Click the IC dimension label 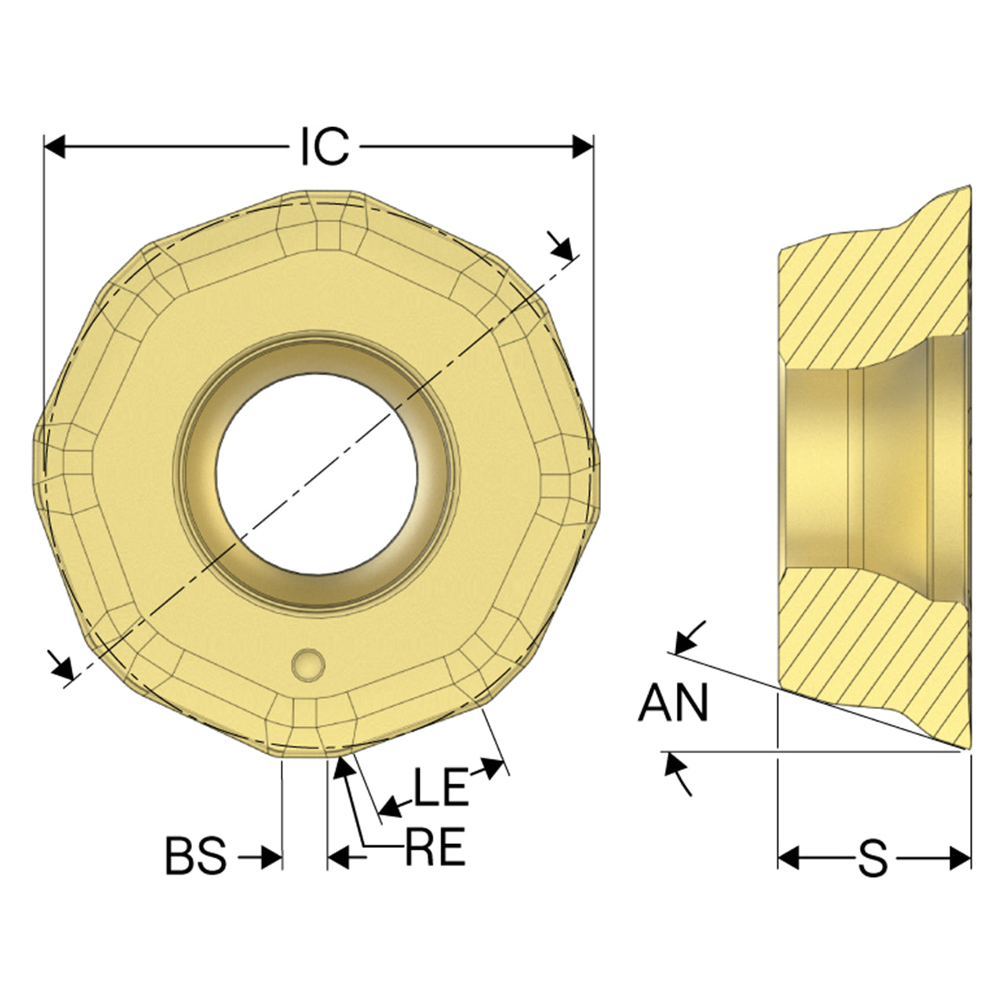pos(325,147)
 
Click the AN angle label pos(673,703)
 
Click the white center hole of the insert pos(317,474)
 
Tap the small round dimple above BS pos(308,665)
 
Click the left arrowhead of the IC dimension pos(54,147)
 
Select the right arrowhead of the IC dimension pos(583,147)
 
